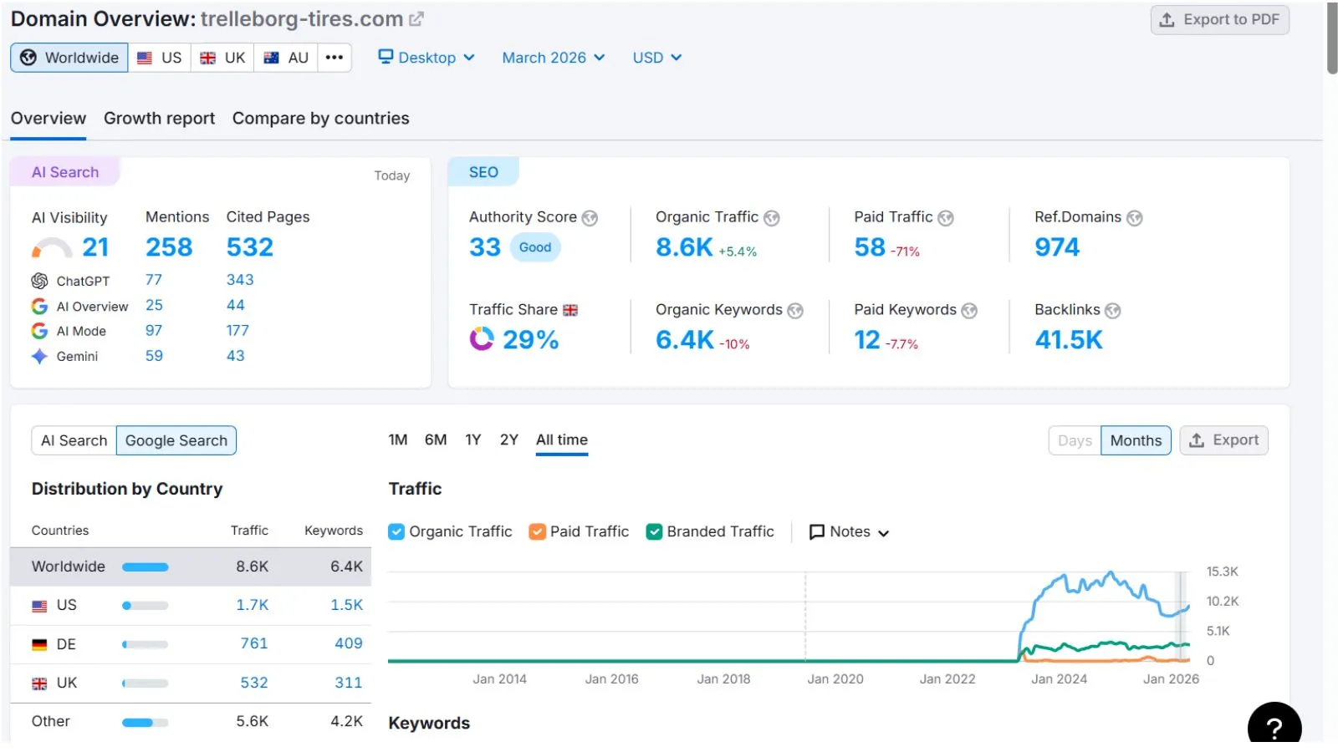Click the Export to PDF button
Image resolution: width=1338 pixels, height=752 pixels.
point(1219,20)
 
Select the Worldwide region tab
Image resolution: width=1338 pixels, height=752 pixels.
point(69,58)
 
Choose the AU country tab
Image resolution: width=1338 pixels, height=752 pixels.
point(286,58)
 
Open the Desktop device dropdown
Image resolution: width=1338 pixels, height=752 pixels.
point(426,58)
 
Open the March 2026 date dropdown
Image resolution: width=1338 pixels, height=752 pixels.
point(553,58)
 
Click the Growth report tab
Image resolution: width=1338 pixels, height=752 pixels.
point(159,118)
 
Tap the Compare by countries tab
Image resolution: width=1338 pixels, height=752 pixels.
point(321,118)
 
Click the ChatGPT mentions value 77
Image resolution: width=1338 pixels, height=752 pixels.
point(154,280)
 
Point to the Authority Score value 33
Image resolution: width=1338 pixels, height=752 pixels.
point(484,247)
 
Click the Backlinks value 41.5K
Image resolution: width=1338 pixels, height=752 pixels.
point(1069,340)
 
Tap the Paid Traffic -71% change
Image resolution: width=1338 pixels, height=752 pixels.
point(905,252)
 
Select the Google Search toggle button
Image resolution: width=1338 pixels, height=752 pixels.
point(176,440)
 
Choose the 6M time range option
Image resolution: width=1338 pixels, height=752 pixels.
point(436,440)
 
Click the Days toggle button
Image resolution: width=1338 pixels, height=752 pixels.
point(1075,440)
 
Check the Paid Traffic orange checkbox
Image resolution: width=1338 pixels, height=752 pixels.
point(537,531)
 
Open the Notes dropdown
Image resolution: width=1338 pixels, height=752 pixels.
point(849,531)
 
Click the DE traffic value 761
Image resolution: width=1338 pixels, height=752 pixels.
point(254,643)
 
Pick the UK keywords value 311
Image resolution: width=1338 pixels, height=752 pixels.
point(348,683)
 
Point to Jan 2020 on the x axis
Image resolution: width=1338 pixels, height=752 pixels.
point(835,679)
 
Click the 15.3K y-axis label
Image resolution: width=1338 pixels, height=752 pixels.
point(1222,572)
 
